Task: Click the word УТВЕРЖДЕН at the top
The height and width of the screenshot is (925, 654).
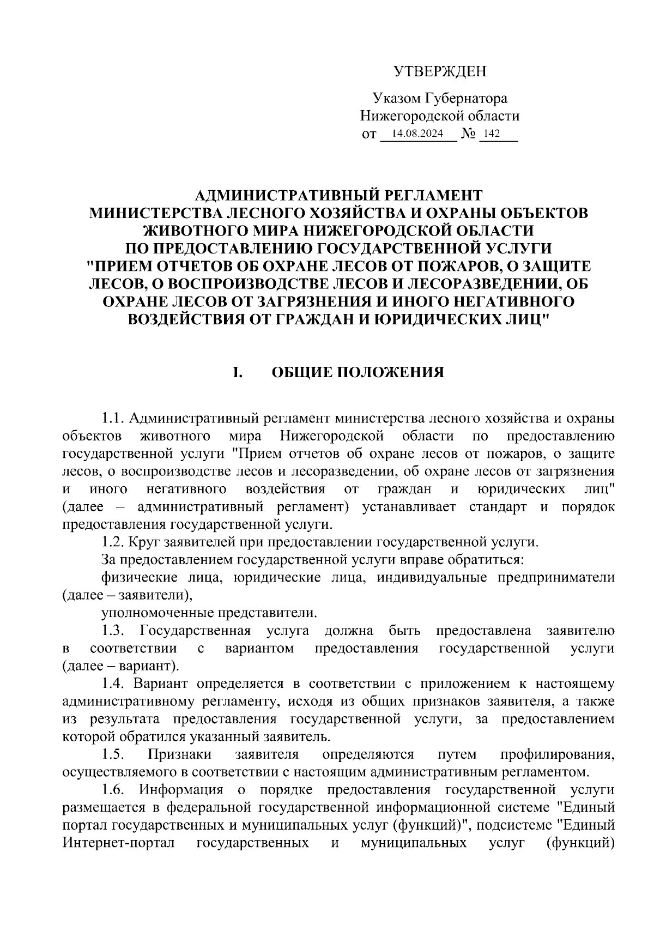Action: coord(440,71)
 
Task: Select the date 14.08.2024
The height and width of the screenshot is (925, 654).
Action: coord(417,134)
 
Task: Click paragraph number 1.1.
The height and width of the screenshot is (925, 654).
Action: coord(114,419)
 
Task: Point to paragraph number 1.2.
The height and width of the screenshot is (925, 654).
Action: coord(114,542)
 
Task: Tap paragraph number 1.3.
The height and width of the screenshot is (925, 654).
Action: coord(114,631)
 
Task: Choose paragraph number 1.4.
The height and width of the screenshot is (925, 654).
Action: coord(114,684)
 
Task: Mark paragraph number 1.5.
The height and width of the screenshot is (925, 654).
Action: coord(114,754)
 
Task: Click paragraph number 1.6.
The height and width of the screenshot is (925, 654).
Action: coord(114,790)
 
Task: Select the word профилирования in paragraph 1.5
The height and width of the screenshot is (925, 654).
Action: coord(558,754)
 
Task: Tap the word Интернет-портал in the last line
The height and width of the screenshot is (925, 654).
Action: coord(119,843)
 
